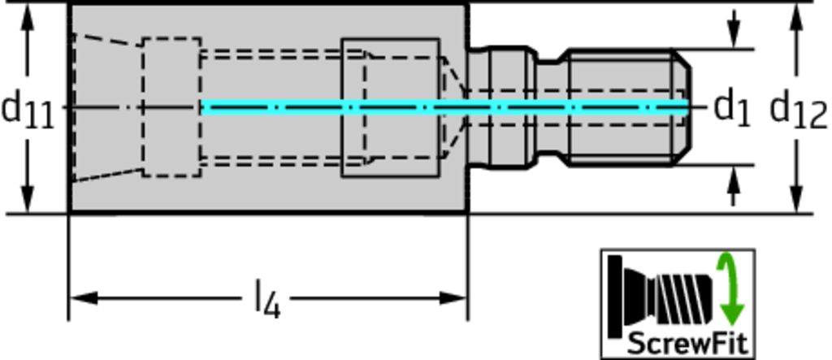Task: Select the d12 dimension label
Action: (x=798, y=109)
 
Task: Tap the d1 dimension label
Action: (x=731, y=107)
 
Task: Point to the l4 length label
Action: (x=267, y=300)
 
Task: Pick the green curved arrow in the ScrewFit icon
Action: (x=729, y=288)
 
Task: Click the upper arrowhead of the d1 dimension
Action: (x=734, y=37)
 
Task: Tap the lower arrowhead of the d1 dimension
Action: (x=734, y=177)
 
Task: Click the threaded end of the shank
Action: (x=626, y=107)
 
